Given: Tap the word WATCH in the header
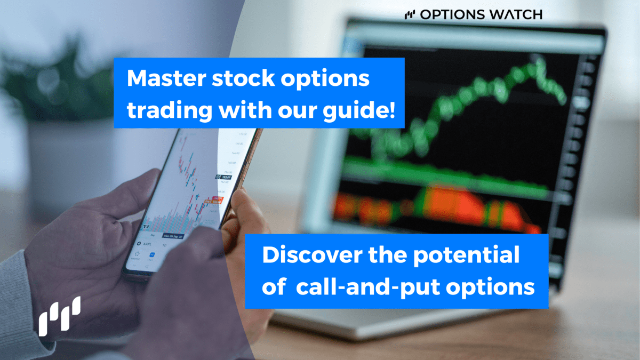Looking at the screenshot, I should point(516,14).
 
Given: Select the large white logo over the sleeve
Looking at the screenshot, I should point(59,316).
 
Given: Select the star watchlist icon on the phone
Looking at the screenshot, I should point(137,263).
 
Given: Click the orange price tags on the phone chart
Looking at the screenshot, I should point(218,199).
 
